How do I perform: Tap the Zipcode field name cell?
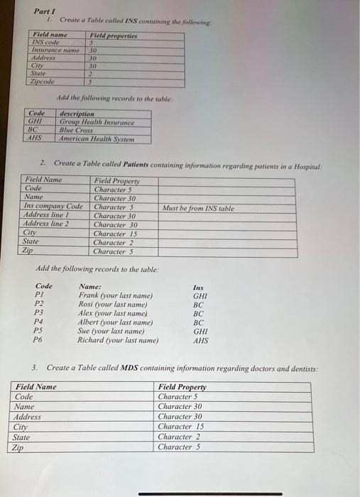44,82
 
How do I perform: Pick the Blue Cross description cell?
76,130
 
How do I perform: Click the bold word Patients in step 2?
147,165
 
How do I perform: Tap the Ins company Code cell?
54,207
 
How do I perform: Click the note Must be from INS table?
197,208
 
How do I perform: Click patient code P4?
39,322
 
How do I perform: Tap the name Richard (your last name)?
117,340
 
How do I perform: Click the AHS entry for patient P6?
200,340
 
